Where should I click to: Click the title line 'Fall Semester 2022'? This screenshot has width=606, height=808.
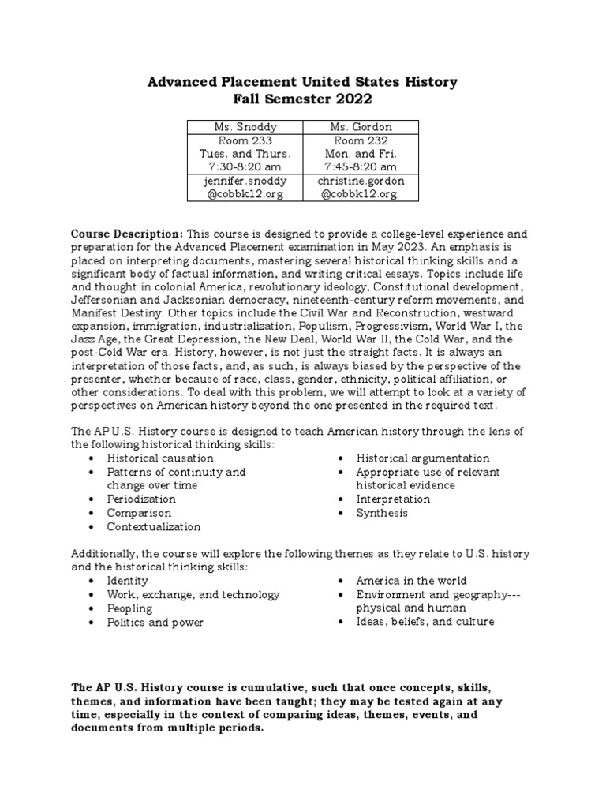(303, 100)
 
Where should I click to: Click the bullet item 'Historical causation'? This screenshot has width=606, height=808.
(160, 458)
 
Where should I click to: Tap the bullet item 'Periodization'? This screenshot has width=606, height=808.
(142, 499)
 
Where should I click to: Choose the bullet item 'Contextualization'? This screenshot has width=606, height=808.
(154, 526)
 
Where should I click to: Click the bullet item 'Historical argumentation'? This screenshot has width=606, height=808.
(423, 458)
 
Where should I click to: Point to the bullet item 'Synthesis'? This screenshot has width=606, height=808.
(382, 513)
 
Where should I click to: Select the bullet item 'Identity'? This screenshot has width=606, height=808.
(129, 581)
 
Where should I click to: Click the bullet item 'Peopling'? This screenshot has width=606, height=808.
(130, 608)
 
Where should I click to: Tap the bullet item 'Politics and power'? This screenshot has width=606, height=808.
(155, 623)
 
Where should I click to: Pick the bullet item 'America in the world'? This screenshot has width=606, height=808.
(412, 581)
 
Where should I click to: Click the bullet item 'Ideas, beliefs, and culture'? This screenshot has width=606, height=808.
(425, 622)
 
